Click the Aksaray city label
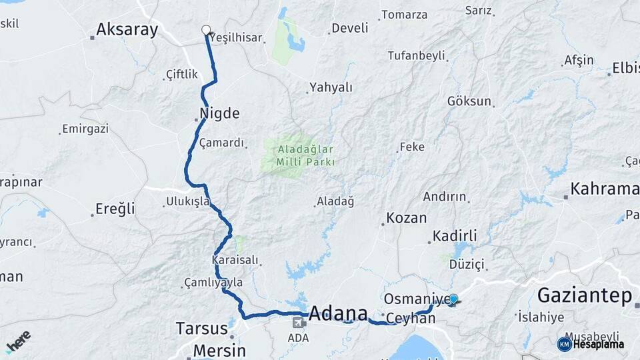pos(127,29)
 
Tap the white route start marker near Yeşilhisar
pos(206,29)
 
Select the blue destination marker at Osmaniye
pos(453,299)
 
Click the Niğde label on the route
pos(219,113)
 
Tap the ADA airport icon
pos(298,323)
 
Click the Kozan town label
pos(406,219)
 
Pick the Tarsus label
pos(197,328)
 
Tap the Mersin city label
pos(219,350)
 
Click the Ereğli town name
pos(115,209)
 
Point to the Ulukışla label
pos(187,201)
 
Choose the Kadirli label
pos(455,236)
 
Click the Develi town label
pos(349,28)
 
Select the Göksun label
pos(469,101)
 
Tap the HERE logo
pos(18,342)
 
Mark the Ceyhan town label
pos(410,319)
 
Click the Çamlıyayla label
pos(213,283)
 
